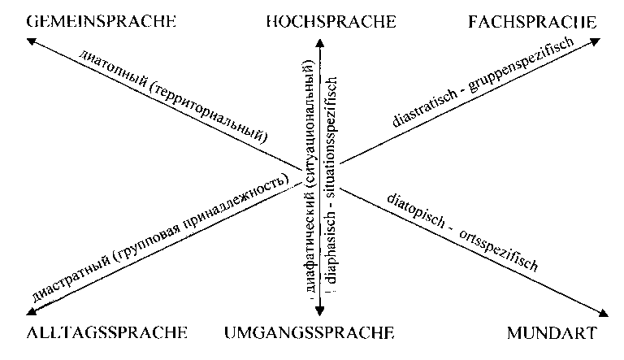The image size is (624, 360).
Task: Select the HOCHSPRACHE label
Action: [331, 22]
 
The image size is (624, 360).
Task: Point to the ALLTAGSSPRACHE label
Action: [95, 333]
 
